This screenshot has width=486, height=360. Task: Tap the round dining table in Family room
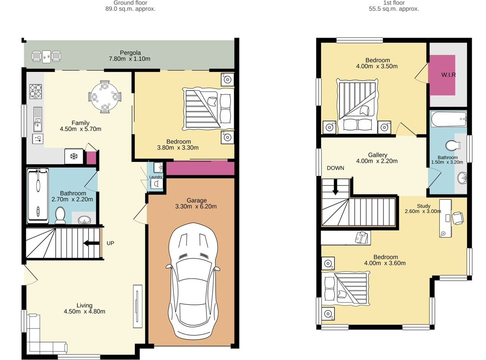[x=104, y=95]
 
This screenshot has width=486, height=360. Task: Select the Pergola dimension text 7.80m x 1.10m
[x=129, y=59]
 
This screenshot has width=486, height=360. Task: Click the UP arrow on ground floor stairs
[x=91, y=243]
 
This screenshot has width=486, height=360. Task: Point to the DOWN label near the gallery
[x=335, y=168]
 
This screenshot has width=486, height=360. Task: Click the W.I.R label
[x=448, y=75]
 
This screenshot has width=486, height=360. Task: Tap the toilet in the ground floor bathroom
[x=60, y=215]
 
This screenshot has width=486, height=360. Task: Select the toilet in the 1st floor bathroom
[x=453, y=145]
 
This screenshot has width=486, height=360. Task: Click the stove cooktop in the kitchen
[x=36, y=91]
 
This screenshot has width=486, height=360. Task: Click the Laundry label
[x=156, y=177]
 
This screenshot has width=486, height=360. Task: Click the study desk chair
[x=457, y=218]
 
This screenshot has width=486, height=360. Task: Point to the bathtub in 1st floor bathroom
[x=448, y=119]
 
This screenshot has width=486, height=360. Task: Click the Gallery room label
[x=377, y=155]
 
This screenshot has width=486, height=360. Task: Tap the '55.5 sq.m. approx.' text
[x=394, y=9]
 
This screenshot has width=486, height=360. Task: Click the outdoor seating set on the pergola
[x=46, y=56]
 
